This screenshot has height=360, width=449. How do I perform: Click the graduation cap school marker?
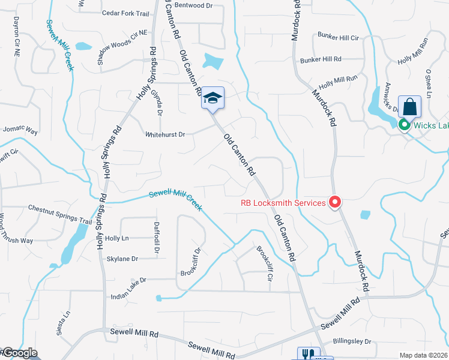pos(212,98)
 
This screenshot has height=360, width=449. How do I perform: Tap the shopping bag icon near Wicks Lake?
pos(409,107)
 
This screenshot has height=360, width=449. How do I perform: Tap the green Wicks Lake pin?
pos(404,125)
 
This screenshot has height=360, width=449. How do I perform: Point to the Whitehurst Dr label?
pos(165,134)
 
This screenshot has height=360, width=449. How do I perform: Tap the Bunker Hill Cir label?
pos(337,37)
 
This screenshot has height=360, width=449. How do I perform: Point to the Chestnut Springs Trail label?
pos(59,208)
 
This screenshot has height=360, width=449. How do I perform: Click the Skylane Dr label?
pos(122,259)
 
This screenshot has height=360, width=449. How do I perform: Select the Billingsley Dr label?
pos(351,341)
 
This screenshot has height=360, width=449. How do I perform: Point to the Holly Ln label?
pos(117,238)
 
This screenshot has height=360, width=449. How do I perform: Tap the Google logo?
pos(20,353)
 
